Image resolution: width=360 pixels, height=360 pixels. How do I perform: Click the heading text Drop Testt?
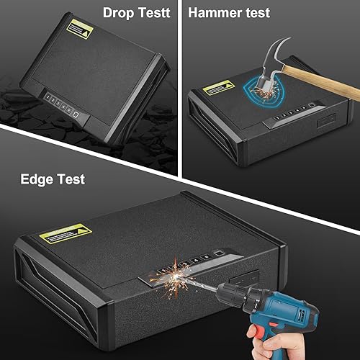136,12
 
